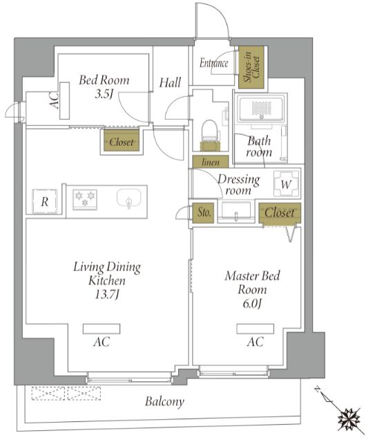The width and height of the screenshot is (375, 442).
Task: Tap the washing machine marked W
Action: pyautogui.click(x=287, y=183)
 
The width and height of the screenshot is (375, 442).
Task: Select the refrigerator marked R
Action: pyautogui.click(x=44, y=201)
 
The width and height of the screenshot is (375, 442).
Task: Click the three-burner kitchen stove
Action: pyautogui.click(x=85, y=199)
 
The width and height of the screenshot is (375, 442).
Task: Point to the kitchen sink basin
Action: pyautogui.click(x=129, y=198)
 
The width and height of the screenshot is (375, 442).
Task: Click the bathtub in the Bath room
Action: pyautogui.click(x=260, y=108)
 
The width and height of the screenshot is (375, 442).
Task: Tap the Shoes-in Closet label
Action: pyautogui.click(x=251, y=68)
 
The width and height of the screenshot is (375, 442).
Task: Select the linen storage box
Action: pyautogui.click(x=211, y=161)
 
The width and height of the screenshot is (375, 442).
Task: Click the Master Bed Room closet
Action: pyautogui.click(x=280, y=213)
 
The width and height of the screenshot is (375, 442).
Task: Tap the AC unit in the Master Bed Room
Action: pyautogui.click(x=255, y=329)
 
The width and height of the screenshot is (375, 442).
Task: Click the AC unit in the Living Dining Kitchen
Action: pyautogui.click(x=102, y=329)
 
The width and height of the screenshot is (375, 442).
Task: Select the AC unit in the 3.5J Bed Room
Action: pyautogui.click(x=65, y=100)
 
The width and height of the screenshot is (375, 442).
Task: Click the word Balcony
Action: pyautogui.click(x=164, y=401)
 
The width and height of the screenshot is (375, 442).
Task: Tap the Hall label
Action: pyautogui.click(x=170, y=82)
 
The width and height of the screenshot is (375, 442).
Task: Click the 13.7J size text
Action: pyautogui.click(x=107, y=295)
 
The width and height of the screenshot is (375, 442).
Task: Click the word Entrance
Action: pyautogui.click(x=213, y=63)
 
